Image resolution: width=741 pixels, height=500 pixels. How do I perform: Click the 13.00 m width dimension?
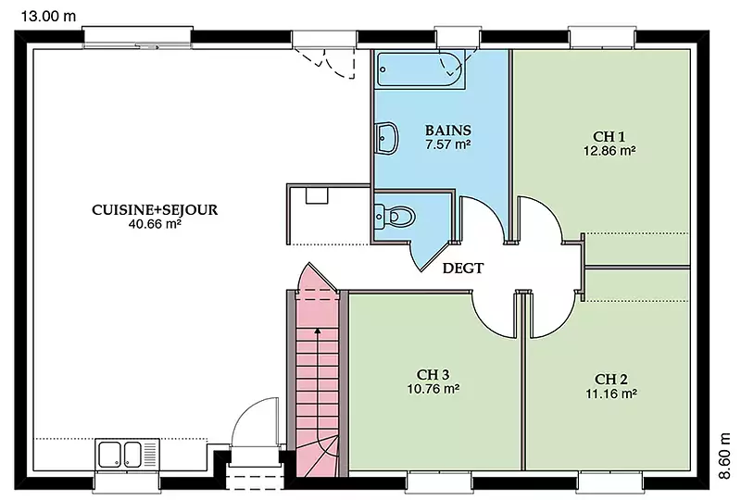[x=48, y=16]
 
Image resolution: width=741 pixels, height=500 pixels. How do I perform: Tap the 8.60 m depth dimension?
[x=724, y=456]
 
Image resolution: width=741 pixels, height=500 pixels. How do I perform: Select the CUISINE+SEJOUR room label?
[x=155, y=210]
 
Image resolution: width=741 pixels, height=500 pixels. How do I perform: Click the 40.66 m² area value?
[x=155, y=224]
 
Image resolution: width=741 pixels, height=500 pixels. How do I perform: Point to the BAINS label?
[x=447, y=130]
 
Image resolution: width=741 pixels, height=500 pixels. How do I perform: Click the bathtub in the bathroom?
[x=421, y=69]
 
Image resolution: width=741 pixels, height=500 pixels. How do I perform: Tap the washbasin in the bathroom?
[x=386, y=138]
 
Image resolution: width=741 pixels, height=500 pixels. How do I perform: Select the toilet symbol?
[x=395, y=217]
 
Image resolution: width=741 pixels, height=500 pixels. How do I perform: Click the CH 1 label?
[x=609, y=137]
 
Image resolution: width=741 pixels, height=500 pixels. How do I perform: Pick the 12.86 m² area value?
[x=609, y=151]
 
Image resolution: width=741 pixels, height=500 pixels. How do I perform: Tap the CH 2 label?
[x=610, y=379]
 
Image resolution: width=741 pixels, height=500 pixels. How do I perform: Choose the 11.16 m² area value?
[x=610, y=394]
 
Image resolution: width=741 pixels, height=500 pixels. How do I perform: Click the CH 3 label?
[x=433, y=375]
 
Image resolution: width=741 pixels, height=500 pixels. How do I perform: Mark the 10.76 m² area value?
[x=433, y=389]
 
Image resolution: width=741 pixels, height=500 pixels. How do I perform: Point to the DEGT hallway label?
[x=462, y=269]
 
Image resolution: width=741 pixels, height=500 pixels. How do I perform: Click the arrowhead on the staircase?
[x=318, y=331]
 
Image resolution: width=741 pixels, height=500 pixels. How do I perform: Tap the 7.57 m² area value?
[x=447, y=144]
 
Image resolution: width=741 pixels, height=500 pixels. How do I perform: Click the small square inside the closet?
[x=317, y=195]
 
